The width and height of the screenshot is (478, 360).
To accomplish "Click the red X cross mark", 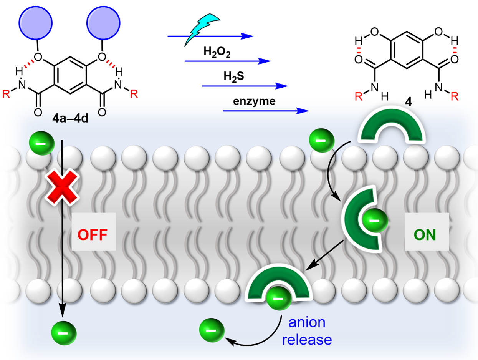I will [x=62, y=187].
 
